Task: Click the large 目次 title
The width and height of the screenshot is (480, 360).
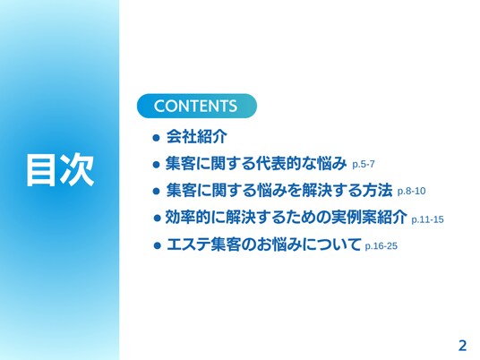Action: click(x=60, y=169)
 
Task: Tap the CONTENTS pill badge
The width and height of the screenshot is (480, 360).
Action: click(x=196, y=106)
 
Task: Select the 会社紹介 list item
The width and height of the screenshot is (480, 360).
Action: click(x=196, y=136)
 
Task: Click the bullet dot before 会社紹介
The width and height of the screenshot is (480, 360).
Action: click(x=156, y=137)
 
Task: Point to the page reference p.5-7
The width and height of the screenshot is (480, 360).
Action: click(x=364, y=164)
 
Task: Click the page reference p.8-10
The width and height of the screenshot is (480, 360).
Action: click(x=411, y=191)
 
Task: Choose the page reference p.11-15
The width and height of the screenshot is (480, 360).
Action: click(x=427, y=219)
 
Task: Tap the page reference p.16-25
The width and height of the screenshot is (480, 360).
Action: click(x=381, y=245)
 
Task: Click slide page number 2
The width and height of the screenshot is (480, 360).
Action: click(x=462, y=346)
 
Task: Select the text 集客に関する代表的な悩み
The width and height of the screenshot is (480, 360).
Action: click(x=256, y=163)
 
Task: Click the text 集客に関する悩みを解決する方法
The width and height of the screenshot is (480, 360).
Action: click(x=279, y=190)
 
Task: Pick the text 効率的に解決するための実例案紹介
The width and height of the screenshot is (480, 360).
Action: click(x=287, y=217)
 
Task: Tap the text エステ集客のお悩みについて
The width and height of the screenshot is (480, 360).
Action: click(x=263, y=244)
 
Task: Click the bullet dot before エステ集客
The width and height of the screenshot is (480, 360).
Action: click(x=157, y=245)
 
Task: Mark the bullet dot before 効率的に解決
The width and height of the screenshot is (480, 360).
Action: click(x=157, y=219)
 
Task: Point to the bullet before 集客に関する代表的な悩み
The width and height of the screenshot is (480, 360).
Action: click(x=156, y=165)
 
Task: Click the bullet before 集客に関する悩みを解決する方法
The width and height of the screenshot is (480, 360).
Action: click(x=156, y=192)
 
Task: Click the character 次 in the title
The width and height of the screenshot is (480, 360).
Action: click(x=76, y=169)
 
